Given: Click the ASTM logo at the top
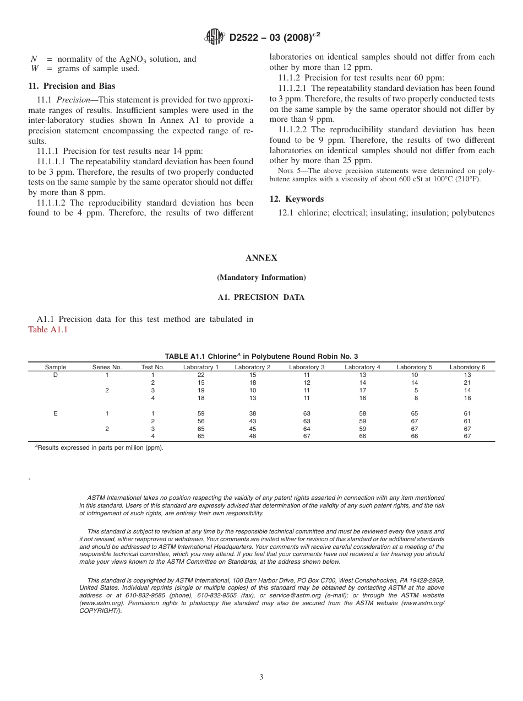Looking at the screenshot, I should [214, 37].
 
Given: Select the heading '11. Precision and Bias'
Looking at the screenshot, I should [72, 86].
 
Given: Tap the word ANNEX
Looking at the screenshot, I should [261, 258].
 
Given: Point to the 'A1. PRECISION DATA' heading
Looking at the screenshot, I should [261, 297].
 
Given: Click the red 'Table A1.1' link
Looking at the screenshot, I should [47, 330].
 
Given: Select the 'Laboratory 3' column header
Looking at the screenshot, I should [307, 367].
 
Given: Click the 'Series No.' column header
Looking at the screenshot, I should [107, 367].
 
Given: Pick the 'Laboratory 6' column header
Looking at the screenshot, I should [467, 367].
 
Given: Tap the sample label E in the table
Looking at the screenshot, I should [55, 413].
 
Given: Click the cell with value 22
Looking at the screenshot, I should [201, 375].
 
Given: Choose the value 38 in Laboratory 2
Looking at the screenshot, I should [253, 413].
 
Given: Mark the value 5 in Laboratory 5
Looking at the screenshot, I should [415, 390].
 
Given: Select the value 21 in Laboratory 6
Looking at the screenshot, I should [467, 382].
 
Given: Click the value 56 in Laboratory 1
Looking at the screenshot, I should [201, 421].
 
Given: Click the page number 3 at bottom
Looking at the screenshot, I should [261, 677].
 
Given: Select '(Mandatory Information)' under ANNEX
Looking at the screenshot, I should [261, 278].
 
